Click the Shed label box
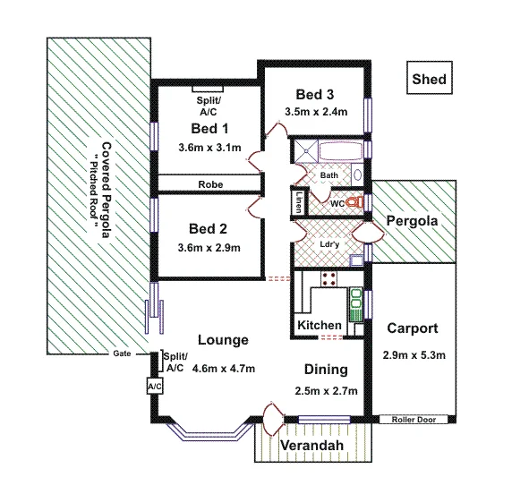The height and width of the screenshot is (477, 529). pos(428,79)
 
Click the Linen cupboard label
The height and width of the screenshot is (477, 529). pos(296,203)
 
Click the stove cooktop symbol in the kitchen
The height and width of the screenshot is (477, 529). pos(328,278)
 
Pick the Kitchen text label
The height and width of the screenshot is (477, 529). pos(319,324)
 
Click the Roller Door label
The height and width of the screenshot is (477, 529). pos(413,419)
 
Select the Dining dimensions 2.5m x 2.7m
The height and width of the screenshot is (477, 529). pos(327,390)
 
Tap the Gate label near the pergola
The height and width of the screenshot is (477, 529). pos(123,353)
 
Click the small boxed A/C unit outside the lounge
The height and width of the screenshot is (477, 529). pos(153,385)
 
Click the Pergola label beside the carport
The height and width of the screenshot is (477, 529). pos(410,220)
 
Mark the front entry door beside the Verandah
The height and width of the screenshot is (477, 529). pos(271,417)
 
